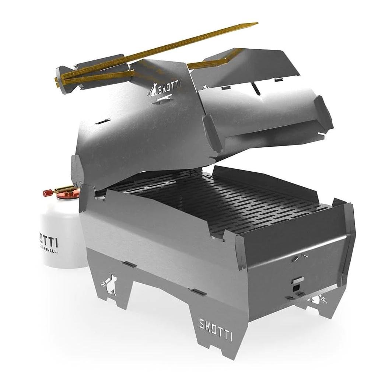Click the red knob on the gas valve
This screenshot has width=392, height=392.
click(x=47, y=192)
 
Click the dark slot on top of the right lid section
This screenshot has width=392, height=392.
click(x=254, y=88)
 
